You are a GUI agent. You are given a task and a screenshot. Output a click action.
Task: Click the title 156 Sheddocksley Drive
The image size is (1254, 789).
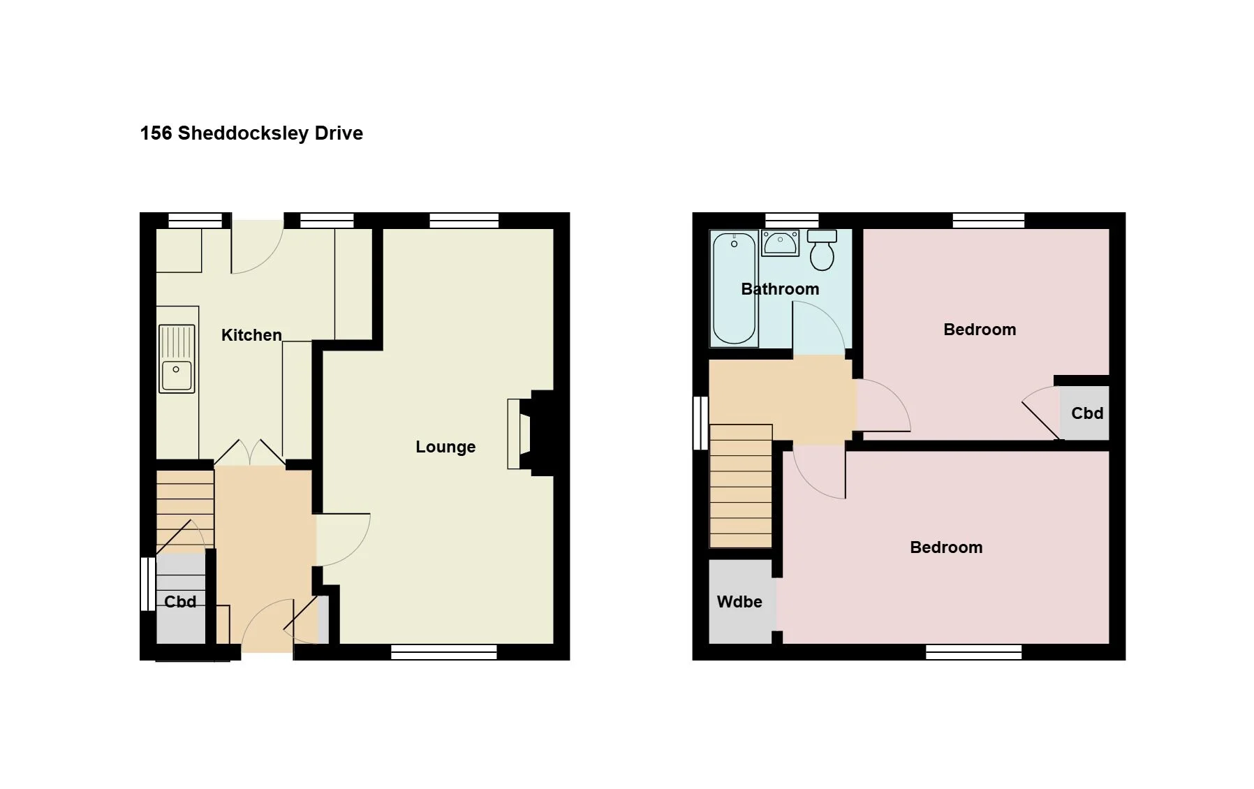point(251,133)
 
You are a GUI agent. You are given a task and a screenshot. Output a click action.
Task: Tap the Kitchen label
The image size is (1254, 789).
point(251,335)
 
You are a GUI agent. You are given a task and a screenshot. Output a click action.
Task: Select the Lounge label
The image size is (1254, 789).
point(445,447)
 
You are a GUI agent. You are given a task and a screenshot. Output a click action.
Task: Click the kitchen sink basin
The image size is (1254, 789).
point(176,375)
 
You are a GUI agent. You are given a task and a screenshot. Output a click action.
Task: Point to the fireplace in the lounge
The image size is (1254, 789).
point(530,434)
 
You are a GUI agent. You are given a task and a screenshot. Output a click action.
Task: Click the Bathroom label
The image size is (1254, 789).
point(780,289)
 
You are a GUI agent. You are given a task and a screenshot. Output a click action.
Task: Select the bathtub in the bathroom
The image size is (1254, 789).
point(734,288)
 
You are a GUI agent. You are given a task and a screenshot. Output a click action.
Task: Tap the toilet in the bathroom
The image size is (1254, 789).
point(823,250)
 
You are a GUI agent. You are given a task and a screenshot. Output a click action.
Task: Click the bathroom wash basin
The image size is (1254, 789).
point(781,243)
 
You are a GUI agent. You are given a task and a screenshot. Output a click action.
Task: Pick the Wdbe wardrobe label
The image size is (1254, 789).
point(739,602)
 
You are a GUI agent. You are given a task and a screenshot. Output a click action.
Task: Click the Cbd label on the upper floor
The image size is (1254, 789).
point(1087,413)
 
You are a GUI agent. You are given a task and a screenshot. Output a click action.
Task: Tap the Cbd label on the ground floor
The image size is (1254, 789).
point(180,602)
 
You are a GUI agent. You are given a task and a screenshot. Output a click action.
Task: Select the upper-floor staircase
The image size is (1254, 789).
point(741,486)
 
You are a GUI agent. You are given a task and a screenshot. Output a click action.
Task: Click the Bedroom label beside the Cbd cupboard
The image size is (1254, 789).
point(980,330)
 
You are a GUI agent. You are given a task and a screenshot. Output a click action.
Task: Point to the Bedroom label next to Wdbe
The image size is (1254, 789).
point(946,547)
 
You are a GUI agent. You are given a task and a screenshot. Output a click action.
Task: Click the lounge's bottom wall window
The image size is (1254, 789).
point(444,652)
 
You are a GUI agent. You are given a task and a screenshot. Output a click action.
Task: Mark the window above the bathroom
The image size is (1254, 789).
point(792,221)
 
